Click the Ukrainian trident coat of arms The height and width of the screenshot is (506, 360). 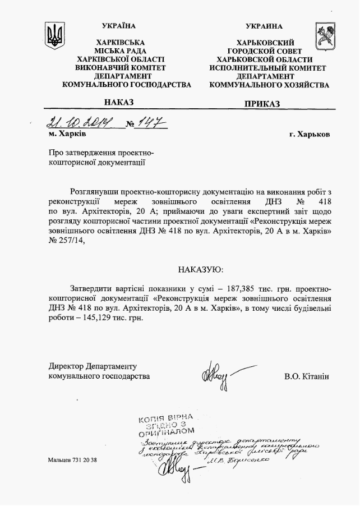54,36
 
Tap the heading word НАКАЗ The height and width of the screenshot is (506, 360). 119,102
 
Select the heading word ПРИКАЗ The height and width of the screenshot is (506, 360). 262,103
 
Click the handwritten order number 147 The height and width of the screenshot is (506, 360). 152,122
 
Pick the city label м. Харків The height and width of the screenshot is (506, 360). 67,134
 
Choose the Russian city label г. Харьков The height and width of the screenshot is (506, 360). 309,135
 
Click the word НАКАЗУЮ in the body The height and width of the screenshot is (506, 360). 200,269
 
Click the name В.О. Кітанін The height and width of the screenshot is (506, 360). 307,376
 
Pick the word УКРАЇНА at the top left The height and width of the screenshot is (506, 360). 119,26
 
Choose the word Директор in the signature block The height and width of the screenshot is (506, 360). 66,366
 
